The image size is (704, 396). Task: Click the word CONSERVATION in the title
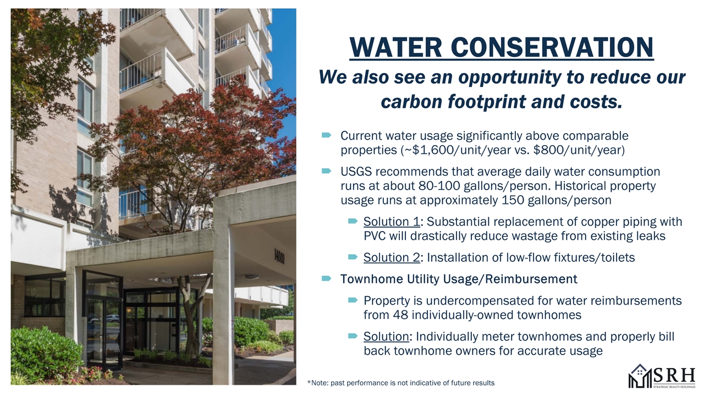[x=552, y=47]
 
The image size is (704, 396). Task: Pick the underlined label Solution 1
[x=392, y=222]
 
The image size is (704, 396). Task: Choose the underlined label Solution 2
[x=392, y=257]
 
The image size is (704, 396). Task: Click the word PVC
[x=375, y=236]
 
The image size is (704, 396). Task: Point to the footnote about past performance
[x=401, y=383]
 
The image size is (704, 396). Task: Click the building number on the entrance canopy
[x=279, y=256]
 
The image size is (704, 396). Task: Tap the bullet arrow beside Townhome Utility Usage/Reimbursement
[x=327, y=278]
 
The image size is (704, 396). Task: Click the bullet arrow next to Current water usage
[x=327, y=135]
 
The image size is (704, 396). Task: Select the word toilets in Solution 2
[x=618, y=257]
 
